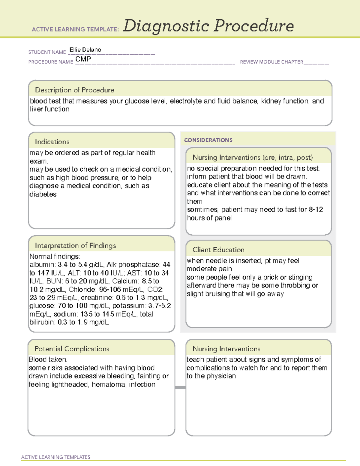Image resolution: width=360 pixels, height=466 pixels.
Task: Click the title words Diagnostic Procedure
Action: point(208,26)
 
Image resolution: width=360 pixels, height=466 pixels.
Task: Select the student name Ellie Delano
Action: point(85,50)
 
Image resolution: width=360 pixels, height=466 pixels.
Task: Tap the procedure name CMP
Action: point(83,59)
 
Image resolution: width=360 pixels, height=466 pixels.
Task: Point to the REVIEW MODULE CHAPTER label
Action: point(271,62)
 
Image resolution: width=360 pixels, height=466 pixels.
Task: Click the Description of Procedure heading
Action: point(74,90)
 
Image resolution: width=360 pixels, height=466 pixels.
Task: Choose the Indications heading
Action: point(52,142)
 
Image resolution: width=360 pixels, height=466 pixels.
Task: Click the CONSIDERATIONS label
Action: point(208,140)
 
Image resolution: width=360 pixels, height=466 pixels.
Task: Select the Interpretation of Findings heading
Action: point(75,245)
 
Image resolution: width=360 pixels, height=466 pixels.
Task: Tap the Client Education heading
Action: point(218,250)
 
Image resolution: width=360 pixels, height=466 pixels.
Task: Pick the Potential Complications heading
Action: point(72,349)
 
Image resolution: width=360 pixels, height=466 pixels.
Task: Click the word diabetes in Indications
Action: point(43,194)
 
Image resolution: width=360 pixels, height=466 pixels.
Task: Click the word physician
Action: point(221,376)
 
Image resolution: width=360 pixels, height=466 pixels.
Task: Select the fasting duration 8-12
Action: point(316,209)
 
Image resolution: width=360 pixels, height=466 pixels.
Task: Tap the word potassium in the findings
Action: point(129,306)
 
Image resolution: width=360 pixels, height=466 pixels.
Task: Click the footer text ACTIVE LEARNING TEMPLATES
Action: point(55,457)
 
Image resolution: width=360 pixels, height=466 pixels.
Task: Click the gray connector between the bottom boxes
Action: point(180,387)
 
